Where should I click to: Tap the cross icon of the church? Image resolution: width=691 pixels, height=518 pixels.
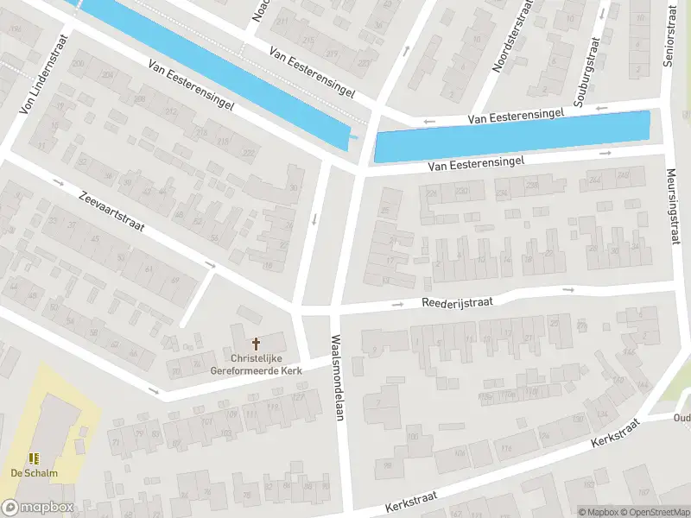point(255,344)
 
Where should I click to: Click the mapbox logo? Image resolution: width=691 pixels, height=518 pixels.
point(36,508)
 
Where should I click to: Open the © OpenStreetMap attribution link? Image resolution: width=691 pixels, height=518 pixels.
point(654,512)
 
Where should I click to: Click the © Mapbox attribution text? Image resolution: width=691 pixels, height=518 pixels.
point(598,512)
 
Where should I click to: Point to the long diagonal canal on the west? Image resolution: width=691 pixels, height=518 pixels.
point(216,69)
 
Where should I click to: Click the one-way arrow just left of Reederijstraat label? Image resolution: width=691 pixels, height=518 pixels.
point(398,304)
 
